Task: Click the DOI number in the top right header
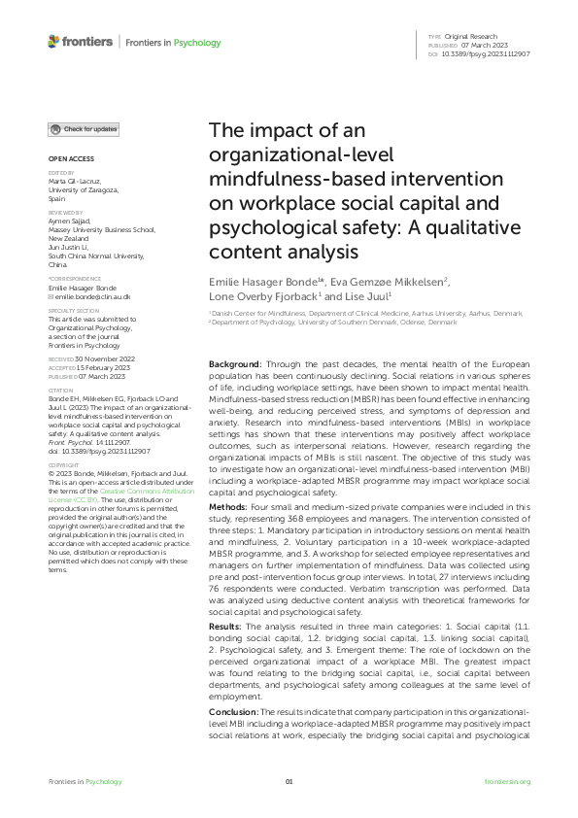coord(493,54)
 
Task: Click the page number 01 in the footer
coord(289,782)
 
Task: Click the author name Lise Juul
coord(364,295)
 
